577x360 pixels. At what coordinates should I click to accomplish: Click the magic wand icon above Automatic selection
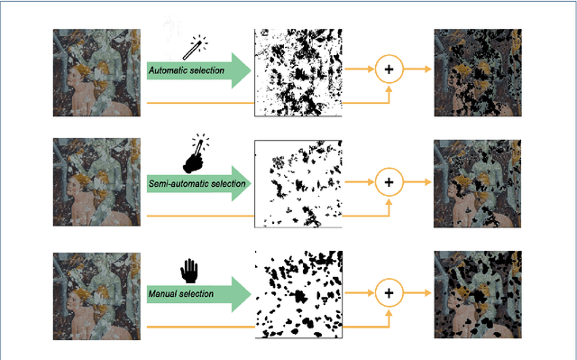(x=195, y=48)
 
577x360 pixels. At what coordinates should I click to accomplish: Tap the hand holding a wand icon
(x=196, y=154)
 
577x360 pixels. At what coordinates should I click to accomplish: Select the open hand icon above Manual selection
(x=189, y=271)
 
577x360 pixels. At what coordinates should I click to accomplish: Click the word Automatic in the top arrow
(x=167, y=70)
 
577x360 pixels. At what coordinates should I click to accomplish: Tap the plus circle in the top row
(x=389, y=69)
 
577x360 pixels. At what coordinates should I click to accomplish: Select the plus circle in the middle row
(x=389, y=182)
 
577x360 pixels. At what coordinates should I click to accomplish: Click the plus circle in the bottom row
(x=389, y=293)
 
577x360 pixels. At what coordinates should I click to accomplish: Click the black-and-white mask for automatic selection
(x=298, y=73)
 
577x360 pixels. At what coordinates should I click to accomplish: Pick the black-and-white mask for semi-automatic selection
(x=298, y=184)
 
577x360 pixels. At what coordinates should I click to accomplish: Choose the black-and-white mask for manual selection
(x=298, y=294)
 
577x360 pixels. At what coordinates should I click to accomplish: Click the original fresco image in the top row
(x=96, y=73)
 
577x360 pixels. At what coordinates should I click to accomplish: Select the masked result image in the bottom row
(x=478, y=294)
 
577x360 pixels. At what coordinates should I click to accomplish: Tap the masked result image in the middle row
(x=477, y=184)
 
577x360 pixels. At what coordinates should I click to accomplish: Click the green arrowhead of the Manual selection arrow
(x=241, y=294)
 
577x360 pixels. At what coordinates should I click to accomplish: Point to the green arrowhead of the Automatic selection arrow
(x=241, y=70)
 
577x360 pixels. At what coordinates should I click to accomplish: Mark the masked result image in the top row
(x=478, y=73)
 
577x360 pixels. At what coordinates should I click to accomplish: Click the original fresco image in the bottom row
(x=96, y=296)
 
